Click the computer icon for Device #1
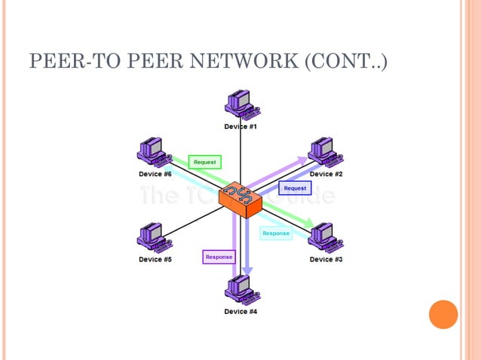click(x=240, y=105)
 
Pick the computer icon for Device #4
click(x=240, y=288)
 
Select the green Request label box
click(x=204, y=162)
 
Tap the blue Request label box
click(x=295, y=188)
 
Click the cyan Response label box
click(x=275, y=233)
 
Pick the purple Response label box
click(x=219, y=257)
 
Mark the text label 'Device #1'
click(x=240, y=127)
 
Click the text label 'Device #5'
click(x=155, y=259)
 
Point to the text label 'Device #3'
click(x=326, y=259)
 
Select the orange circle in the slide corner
click(x=443, y=314)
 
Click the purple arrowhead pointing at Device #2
click(x=302, y=161)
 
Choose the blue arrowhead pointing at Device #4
click(x=247, y=271)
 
